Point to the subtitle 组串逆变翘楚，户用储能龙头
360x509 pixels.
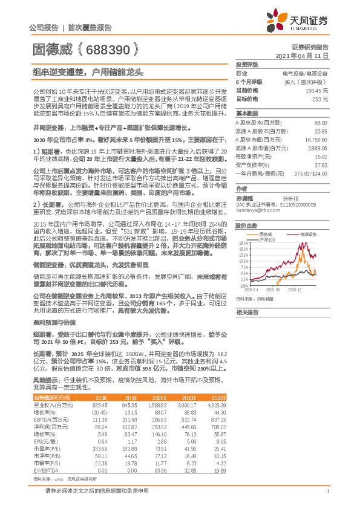88,73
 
